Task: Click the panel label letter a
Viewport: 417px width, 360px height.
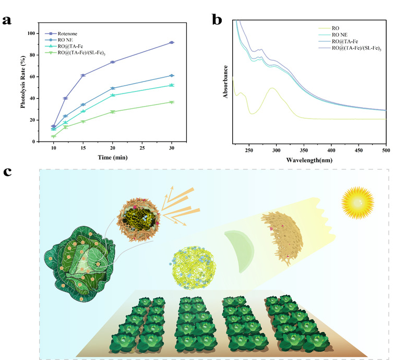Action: click(8, 21)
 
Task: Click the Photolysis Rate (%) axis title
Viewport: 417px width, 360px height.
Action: click(23, 82)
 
